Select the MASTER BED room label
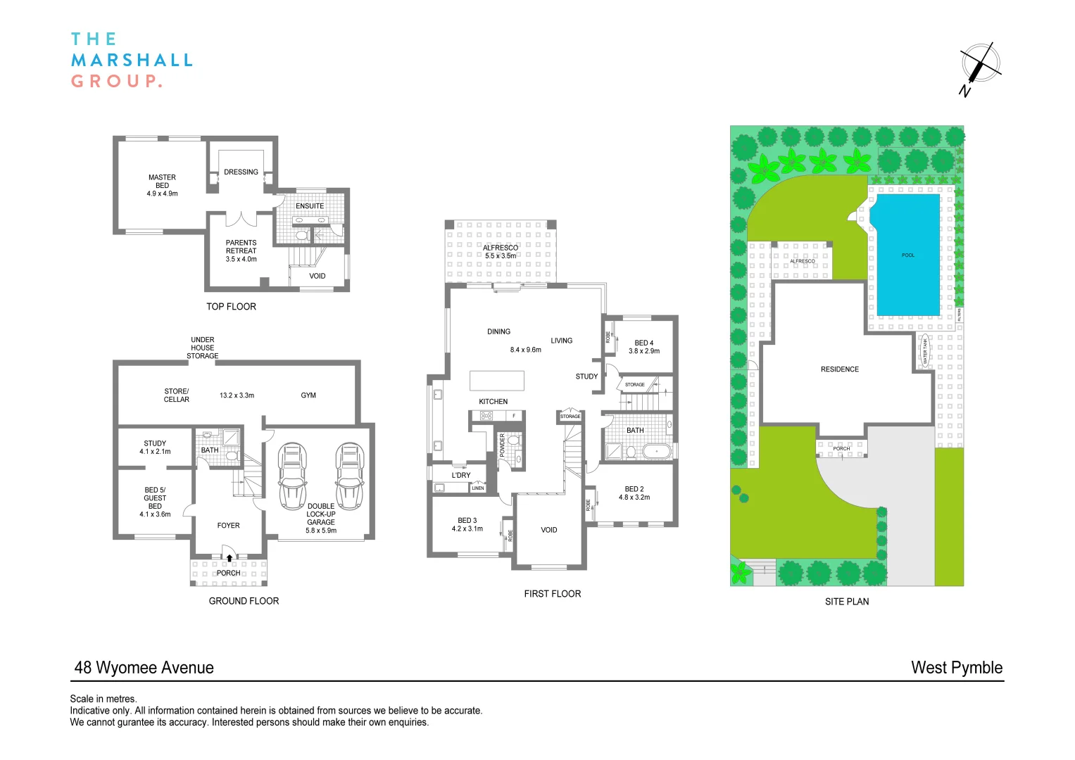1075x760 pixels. click(162, 185)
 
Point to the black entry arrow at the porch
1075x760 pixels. click(229, 558)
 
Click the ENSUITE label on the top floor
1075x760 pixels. click(309, 206)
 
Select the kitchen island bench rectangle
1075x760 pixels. click(497, 380)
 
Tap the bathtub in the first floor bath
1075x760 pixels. click(656, 450)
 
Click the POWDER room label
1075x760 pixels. click(502, 445)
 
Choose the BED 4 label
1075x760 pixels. click(643, 343)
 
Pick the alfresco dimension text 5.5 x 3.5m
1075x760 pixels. click(500, 256)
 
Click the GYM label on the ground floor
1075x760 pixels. click(308, 395)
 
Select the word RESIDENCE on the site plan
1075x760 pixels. click(839, 369)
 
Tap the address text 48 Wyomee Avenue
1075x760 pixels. click(144, 668)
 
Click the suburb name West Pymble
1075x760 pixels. click(956, 668)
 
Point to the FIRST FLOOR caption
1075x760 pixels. click(552, 594)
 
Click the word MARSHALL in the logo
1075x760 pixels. click(132, 61)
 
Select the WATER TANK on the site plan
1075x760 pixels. click(926, 351)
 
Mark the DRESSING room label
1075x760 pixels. click(241, 172)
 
